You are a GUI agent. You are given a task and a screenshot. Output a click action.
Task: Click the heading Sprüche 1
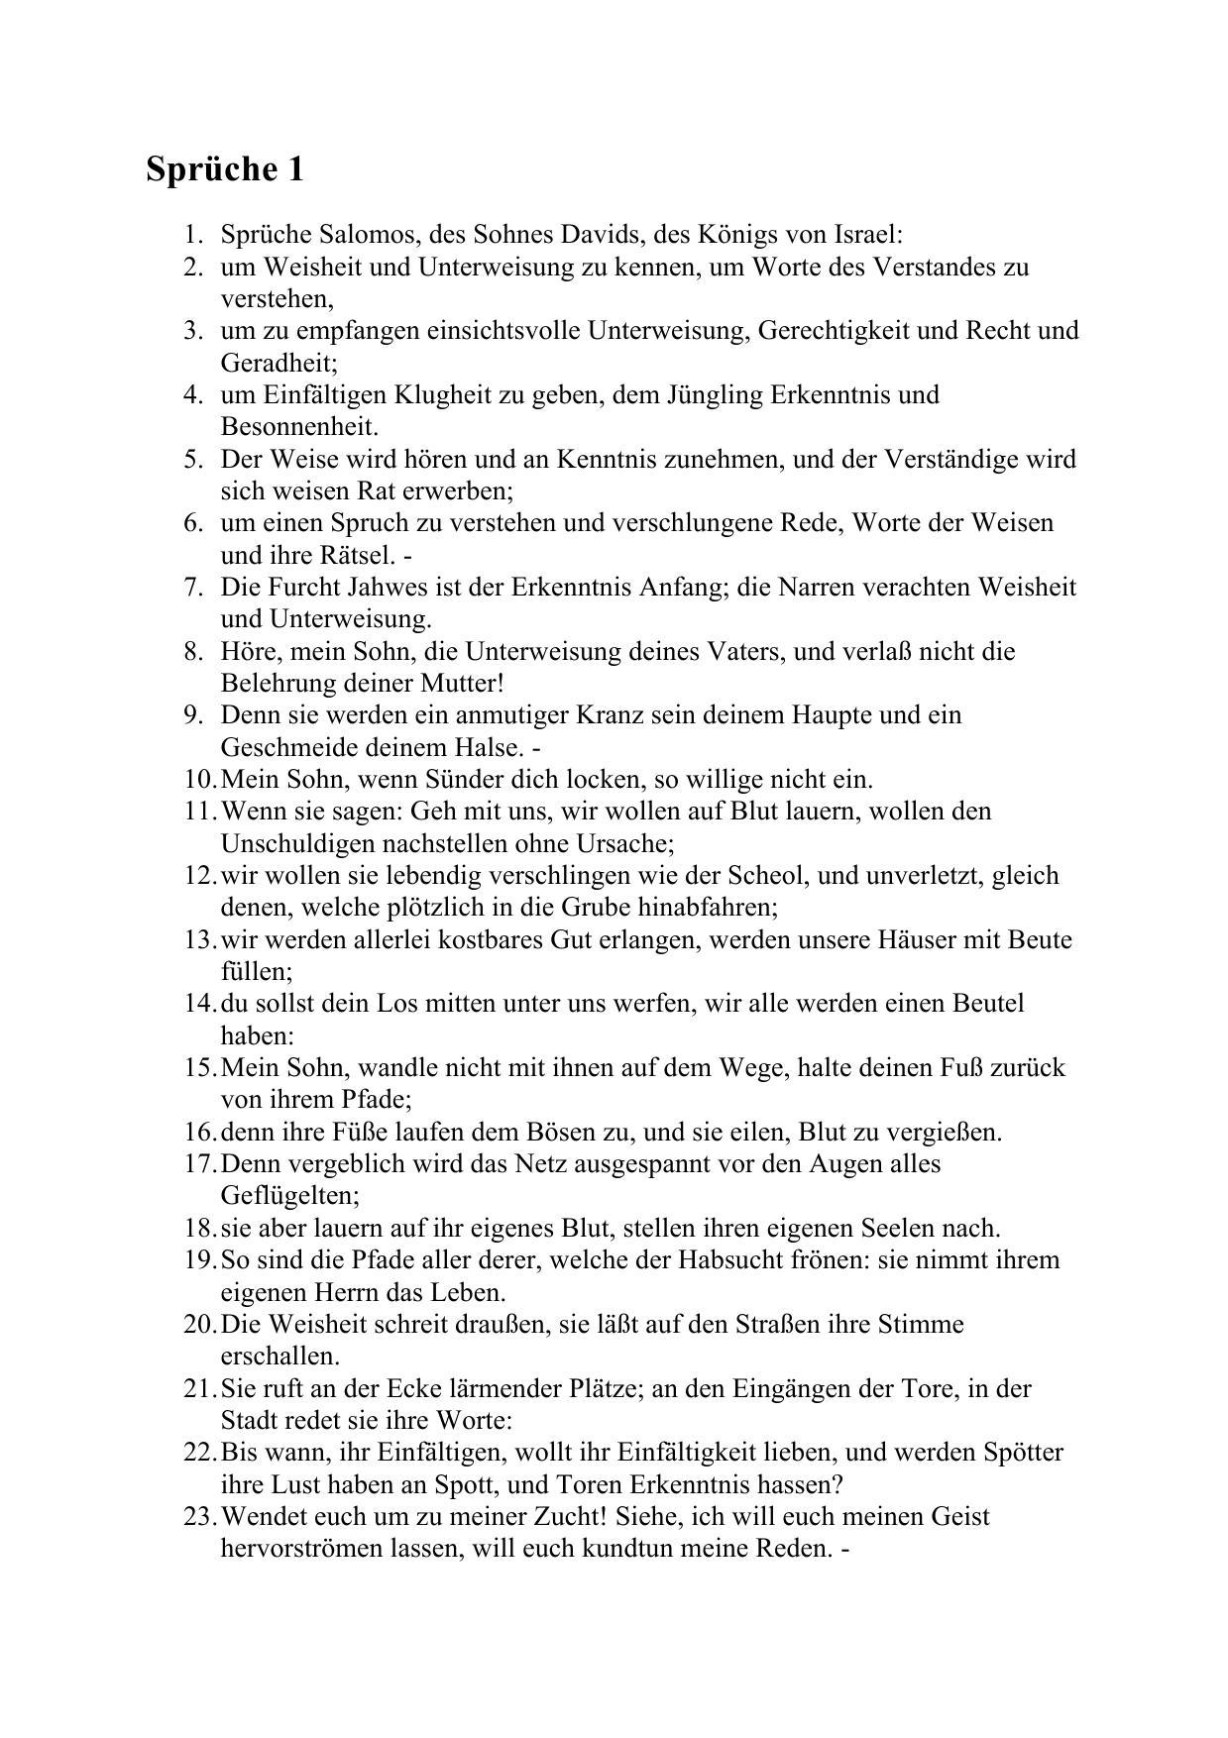tap(225, 169)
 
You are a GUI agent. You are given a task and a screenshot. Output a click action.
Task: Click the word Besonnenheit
tap(299, 427)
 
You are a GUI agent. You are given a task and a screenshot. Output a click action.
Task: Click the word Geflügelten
tap(288, 1196)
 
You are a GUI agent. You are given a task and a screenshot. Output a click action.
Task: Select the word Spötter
tap(1023, 1453)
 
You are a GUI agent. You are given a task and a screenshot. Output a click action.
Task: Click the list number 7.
tap(193, 588)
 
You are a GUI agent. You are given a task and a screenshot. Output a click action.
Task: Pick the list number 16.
tap(198, 1132)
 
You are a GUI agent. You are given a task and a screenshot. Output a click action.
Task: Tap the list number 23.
tap(198, 1517)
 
